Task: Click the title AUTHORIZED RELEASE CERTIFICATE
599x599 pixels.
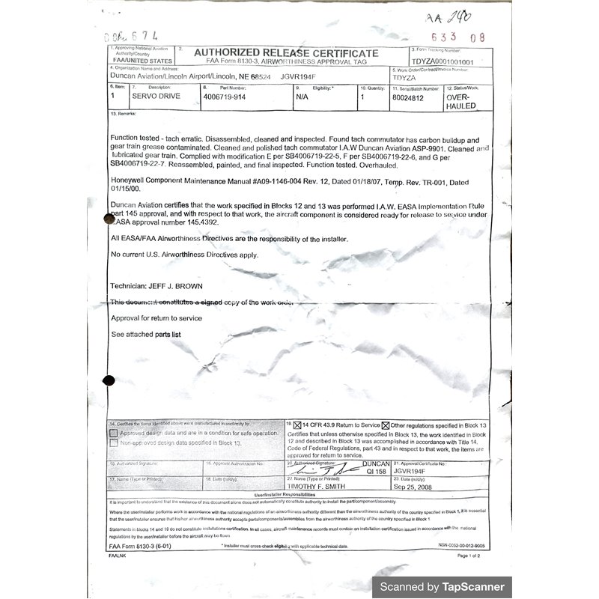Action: pos(286,53)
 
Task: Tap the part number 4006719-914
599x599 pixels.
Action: pos(228,97)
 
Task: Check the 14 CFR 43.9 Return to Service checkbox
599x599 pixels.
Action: pos(297,425)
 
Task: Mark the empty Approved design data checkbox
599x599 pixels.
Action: pos(114,433)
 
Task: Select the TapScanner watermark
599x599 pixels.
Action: pos(442,586)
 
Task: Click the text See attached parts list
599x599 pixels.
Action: pos(146,334)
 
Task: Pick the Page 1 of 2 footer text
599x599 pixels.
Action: pos(469,556)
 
